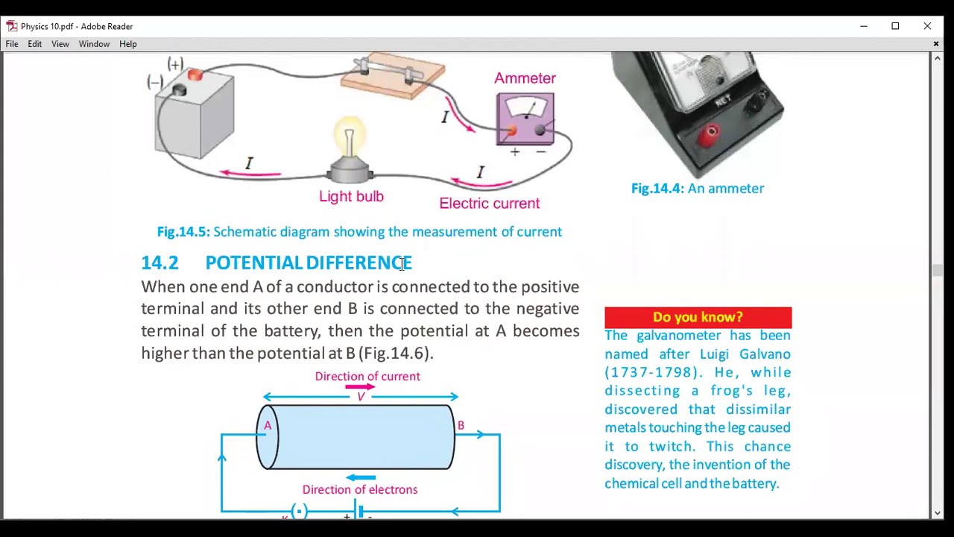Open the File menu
pos(12,44)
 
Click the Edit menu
pos(35,44)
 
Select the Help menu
pos(127,44)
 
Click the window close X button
pos(927,26)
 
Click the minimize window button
pos(864,26)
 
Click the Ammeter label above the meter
pos(525,78)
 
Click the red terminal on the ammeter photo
pos(711,134)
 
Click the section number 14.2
pos(159,263)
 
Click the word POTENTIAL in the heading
pos(253,263)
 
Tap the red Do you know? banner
pos(698,317)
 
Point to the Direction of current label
pos(367,377)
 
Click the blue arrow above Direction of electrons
pos(361,477)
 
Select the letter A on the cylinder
pos(268,426)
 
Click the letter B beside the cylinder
pos(461,426)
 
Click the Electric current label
pos(489,204)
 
